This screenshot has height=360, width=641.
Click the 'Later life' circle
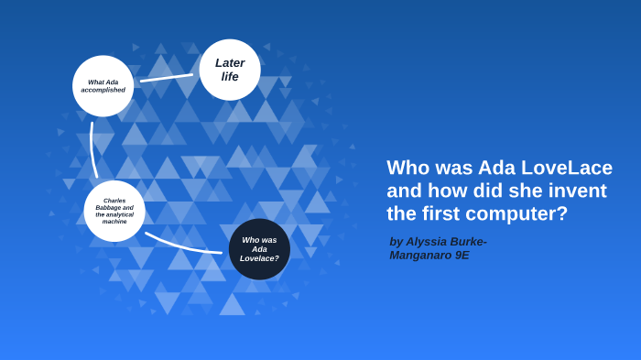[x=230, y=70]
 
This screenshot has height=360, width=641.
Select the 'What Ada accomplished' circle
[x=103, y=86]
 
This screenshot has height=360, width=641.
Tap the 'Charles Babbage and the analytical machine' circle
[x=114, y=211]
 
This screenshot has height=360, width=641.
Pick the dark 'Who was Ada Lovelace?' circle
[x=259, y=249]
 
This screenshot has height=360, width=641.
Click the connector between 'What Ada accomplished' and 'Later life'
[x=167, y=78]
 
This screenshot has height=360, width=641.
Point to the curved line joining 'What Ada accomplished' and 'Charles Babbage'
[x=92, y=149]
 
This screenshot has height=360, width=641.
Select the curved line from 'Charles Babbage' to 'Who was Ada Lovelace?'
[x=180, y=245]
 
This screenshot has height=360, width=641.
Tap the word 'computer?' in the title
[x=523, y=213]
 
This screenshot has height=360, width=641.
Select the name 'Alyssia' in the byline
[x=436, y=242]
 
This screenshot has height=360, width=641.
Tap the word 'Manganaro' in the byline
[x=420, y=256]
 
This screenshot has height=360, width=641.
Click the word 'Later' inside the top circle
[x=230, y=63]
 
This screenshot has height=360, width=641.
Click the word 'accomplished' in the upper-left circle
[x=103, y=90]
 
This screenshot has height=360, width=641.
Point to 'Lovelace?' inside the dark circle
[x=259, y=258]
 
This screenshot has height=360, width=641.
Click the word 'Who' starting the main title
[x=407, y=169]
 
